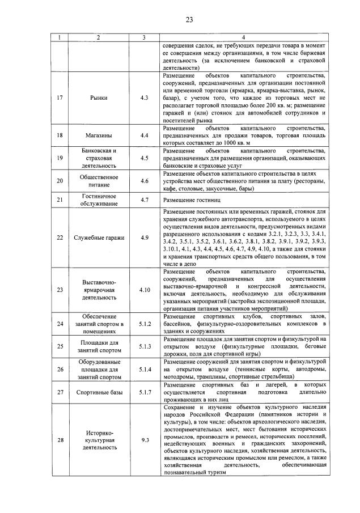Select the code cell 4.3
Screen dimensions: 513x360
pyautogui.click(x=144, y=98)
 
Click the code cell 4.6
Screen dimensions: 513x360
pyautogui.click(x=144, y=181)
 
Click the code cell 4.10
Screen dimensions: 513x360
pyautogui.click(x=144, y=290)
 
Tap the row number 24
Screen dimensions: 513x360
pyautogui.click(x=60, y=324)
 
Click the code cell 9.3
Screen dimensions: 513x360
pyautogui.click(x=144, y=440)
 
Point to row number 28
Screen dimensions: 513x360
pyautogui.click(x=60, y=440)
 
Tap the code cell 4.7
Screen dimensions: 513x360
pyautogui.click(x=144, y=200)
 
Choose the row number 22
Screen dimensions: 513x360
pyautogui.click(x=60, y=237)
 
